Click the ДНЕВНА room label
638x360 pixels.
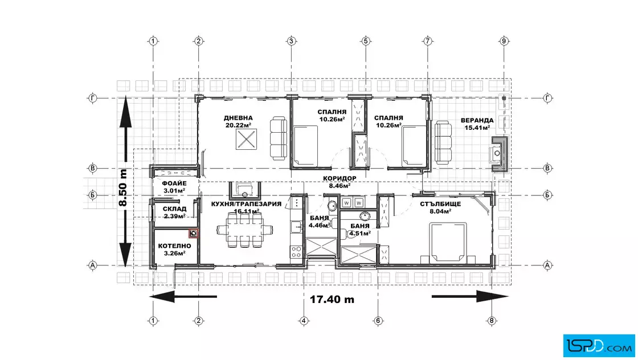click(x=238, y=118)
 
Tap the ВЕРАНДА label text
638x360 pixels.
click(x=477, y=120)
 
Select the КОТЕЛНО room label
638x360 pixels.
click(x=174, y=246)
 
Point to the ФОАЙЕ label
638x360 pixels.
click(x=174, y=183)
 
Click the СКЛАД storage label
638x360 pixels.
click(x=174, y=209)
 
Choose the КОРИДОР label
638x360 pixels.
click(x=340, y=179)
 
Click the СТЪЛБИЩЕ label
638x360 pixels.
click(x=441, y=204)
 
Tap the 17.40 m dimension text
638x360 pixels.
click(x=332, y=300)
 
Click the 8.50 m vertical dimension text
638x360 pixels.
click(x=123, y=187)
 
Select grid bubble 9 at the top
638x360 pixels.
click(x=504, y=40)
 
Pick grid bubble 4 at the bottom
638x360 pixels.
click(x=304, y=321)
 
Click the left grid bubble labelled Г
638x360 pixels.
click(x=93, y=98)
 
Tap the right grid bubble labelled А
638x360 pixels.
click(x=547, y=265)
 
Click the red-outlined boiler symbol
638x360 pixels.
click(x=193, y=233)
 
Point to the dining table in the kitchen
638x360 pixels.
click(x=244, y=230)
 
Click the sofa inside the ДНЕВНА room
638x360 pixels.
click(x=279, y=138)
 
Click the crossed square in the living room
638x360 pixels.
click(x=246, y=139)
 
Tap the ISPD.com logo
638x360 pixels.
click(x=599, y=346)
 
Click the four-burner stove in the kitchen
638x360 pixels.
click(x=296, y=252)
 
